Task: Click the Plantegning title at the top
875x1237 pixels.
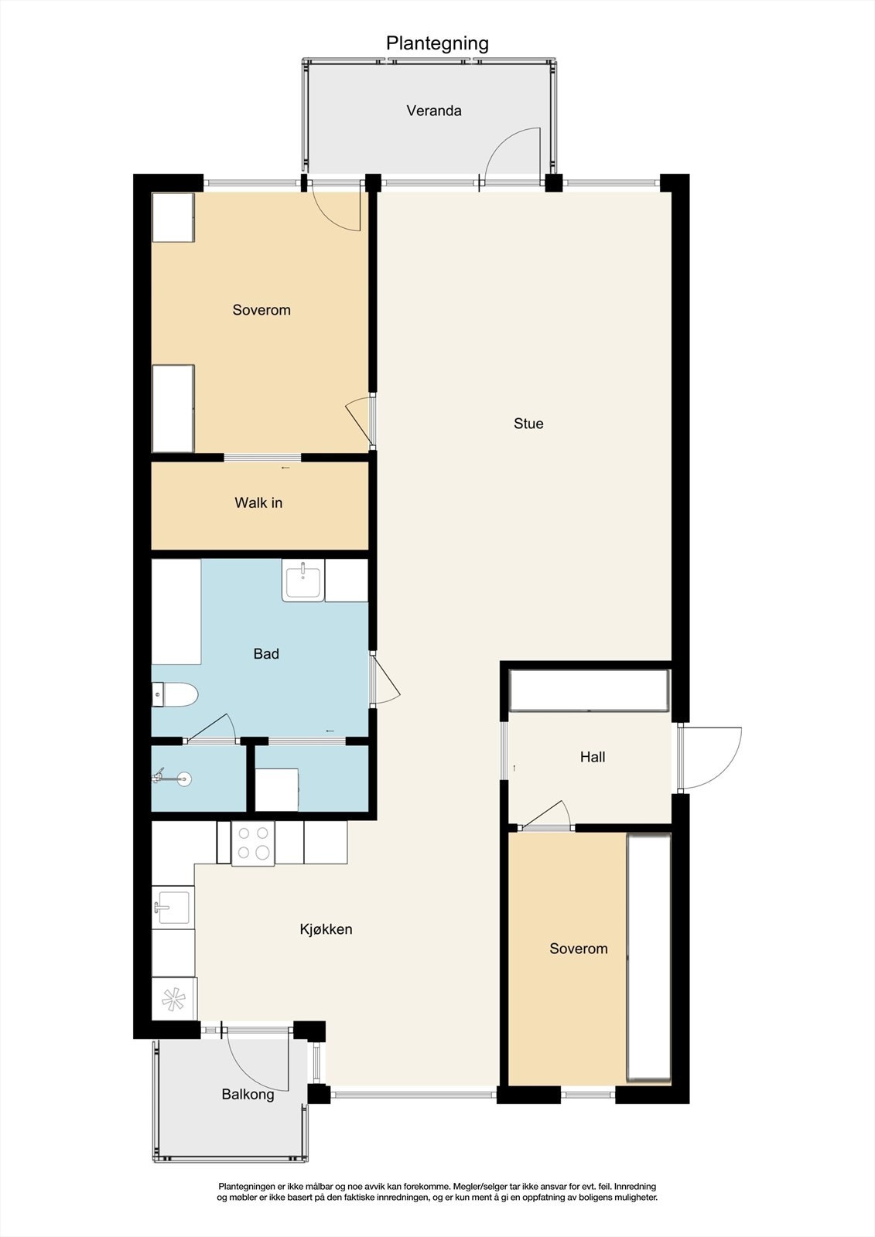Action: click(437, 43)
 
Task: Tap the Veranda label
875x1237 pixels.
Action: click(434, 111)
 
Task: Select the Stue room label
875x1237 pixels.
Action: click(528, 424)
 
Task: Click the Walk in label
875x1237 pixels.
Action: click(258, 503)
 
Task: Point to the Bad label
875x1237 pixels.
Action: click(266, 654)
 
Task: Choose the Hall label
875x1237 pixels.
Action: click(593, 758)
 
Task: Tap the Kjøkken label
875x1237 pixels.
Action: click(326, 929)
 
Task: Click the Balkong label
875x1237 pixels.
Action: click(248, 1095)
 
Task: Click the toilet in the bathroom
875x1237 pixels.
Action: click(175, 696)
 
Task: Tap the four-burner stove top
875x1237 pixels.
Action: click(253, 843)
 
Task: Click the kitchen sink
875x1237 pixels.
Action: click(173, 908)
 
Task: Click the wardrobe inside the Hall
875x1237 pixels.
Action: click(589, 690)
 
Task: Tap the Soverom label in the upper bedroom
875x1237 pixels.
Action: click(261, 310)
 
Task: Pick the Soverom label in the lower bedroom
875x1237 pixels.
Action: click(579, 949)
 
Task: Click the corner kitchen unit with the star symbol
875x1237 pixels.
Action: click(173, 999)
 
